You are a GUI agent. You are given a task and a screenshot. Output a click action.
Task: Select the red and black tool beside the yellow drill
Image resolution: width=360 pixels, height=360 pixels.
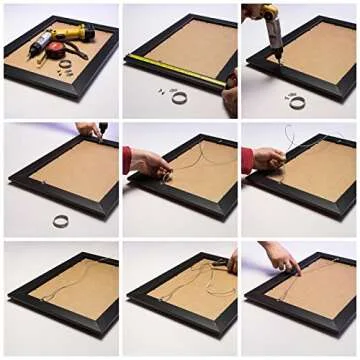[45, 42]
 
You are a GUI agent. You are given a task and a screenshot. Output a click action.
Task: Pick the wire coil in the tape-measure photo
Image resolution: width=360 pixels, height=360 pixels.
[179, 97]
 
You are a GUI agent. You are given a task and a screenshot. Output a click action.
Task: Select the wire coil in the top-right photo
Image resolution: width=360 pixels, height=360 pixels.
[297, 101]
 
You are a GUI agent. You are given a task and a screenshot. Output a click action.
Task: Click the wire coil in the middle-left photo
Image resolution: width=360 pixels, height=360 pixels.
[61, 221]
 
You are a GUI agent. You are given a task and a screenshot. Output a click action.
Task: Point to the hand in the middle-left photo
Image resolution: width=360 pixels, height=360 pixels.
[88, 129]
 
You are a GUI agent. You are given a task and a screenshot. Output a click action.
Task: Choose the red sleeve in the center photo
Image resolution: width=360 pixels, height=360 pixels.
[127, 159]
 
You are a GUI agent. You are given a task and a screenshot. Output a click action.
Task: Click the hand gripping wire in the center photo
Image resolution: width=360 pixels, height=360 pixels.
[150, 162]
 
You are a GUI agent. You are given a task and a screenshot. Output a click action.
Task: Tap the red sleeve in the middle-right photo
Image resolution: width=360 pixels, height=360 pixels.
[246, 159]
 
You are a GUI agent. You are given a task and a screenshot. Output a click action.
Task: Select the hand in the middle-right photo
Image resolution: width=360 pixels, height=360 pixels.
[268, 159]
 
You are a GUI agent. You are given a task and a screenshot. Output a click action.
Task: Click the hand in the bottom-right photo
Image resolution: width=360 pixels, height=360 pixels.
[281, 260]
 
